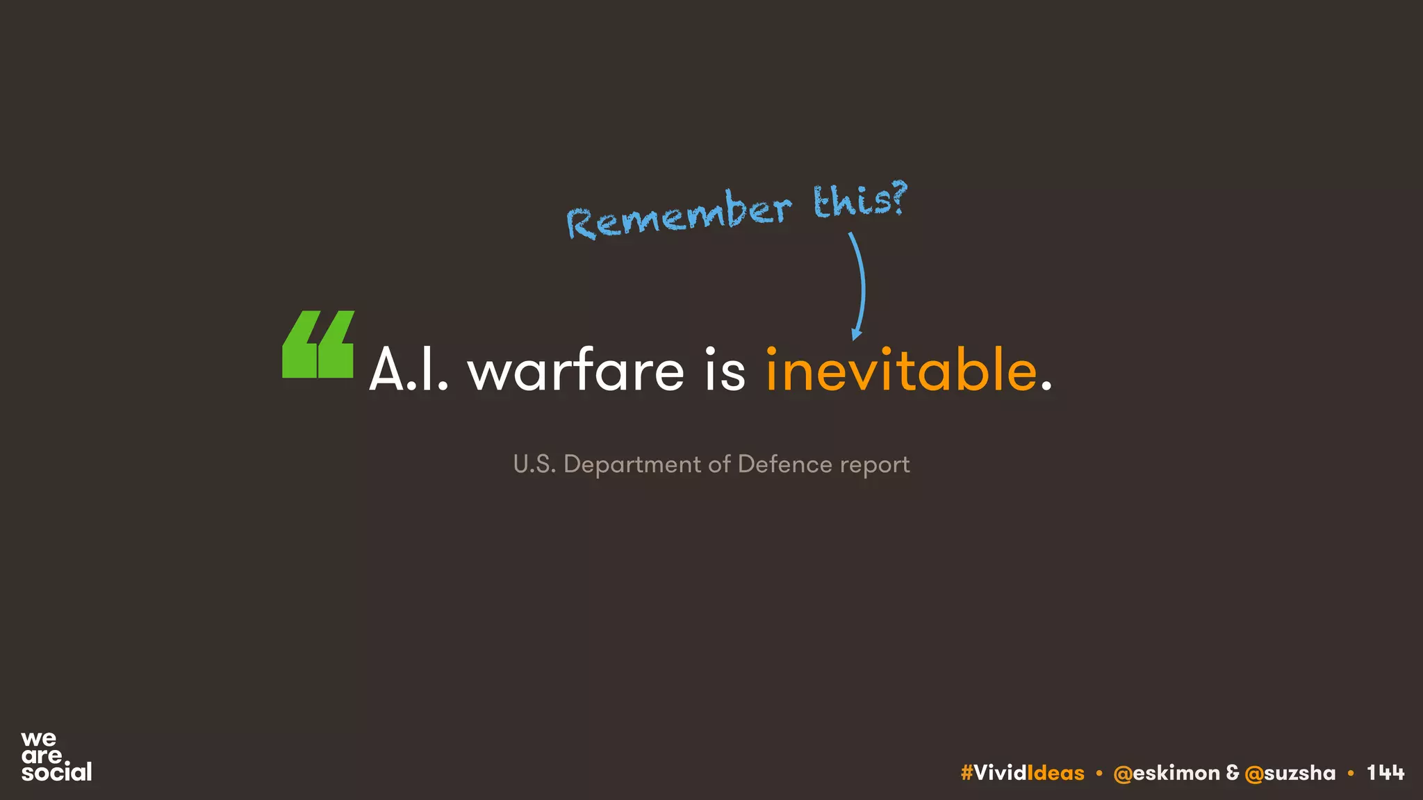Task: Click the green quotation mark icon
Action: pos(318,344)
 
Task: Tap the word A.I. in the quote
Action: pos(409,370)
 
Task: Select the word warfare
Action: pos(576,370)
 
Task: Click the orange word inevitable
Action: pos(901,370)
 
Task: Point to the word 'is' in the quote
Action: pos(725,370)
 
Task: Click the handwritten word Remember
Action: pos(679,215)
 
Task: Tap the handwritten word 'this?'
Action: pos(860,199)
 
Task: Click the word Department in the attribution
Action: pos(632,465)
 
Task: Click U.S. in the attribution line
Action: pos(534,464)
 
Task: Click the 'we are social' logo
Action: pos(56,756)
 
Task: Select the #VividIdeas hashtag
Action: pos(1022,773)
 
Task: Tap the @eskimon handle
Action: pos(1166,773)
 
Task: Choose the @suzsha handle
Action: pos(1290,773)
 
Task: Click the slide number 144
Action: pos(1385,773)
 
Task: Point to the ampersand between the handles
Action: pos(1233,773)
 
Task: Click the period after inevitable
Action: pos(1046,385)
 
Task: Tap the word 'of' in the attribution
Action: pos(719,464)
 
